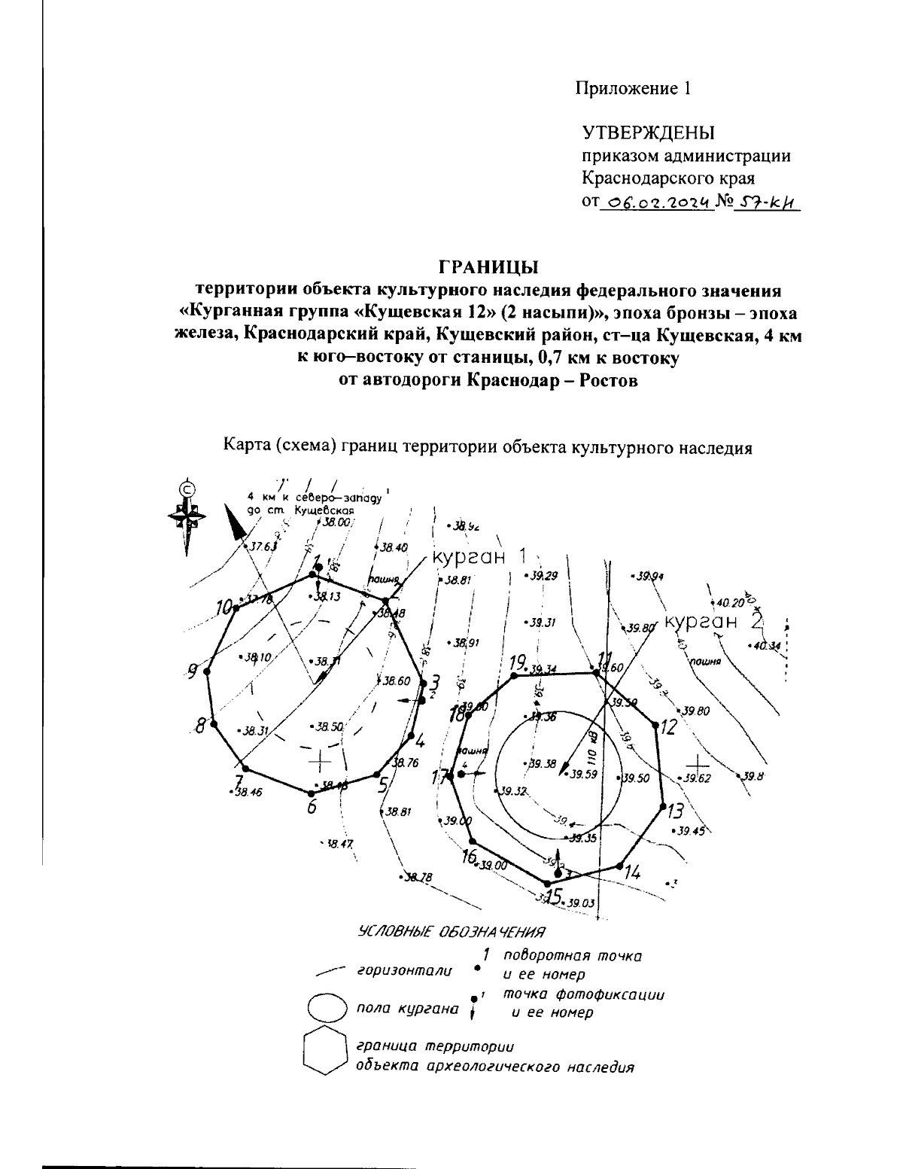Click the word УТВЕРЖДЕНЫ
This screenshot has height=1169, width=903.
tap(649, 133)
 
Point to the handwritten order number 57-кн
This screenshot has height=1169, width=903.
tap(768, 202)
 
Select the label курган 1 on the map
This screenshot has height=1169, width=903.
tap(477, 558)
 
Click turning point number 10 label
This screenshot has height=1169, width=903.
tap(224, 607)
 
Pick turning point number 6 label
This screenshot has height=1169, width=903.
tap(312, 806)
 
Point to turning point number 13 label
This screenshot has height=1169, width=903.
tap(675, 811)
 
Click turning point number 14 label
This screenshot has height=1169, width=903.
tap(632, 873)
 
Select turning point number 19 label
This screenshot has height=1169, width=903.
tap(516, 663)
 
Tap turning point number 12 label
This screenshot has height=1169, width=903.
tap(668, 727)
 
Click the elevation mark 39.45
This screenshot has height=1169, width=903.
tap(690, 831)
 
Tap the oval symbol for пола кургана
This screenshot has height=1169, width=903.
tap(327, 1008)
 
